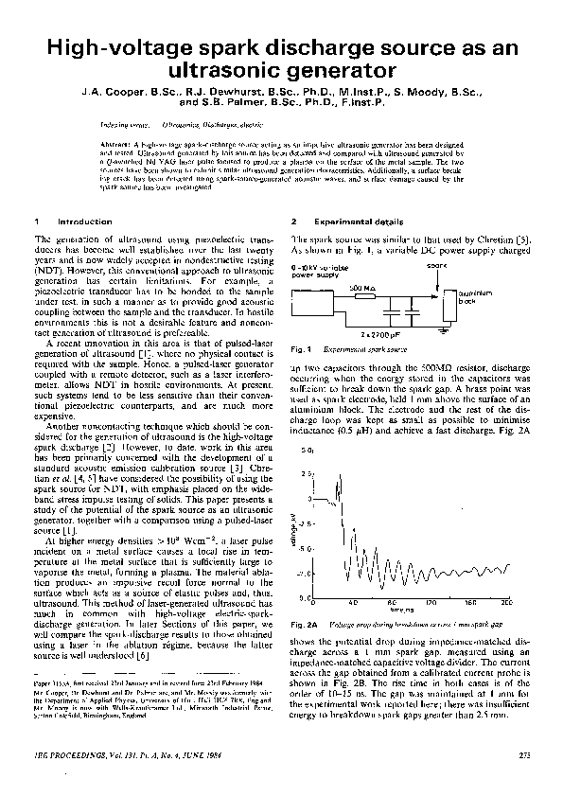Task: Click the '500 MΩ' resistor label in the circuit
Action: coord(361,285)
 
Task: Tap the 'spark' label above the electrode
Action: coord(436,267)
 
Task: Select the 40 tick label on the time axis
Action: coord(352,603)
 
